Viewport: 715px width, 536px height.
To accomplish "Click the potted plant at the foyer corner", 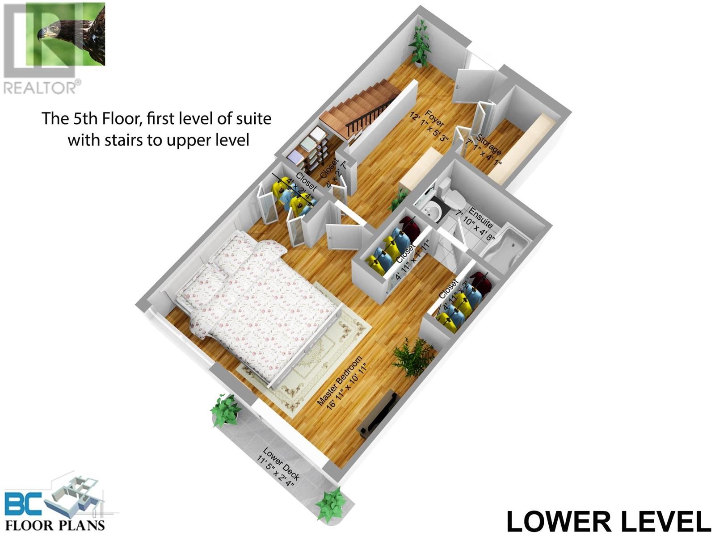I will (419, 45).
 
